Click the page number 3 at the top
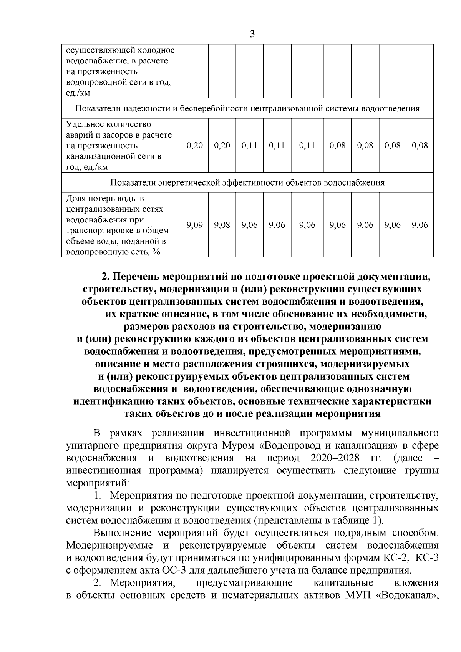(x=252, y=33)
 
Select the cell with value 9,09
(x=194, y=225)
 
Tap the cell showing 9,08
(x=222, y=225)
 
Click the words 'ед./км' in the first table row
(x=78, y=93)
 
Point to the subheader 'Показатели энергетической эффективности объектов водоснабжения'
(x=247, y=182)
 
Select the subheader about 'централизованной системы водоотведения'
(x=247, y=108)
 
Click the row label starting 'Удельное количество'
(x=109, y=124)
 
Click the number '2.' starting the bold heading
(x=106, y=277)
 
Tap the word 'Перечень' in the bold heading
(x=135, y=277)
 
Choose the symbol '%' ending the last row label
(x=156, y=252)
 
